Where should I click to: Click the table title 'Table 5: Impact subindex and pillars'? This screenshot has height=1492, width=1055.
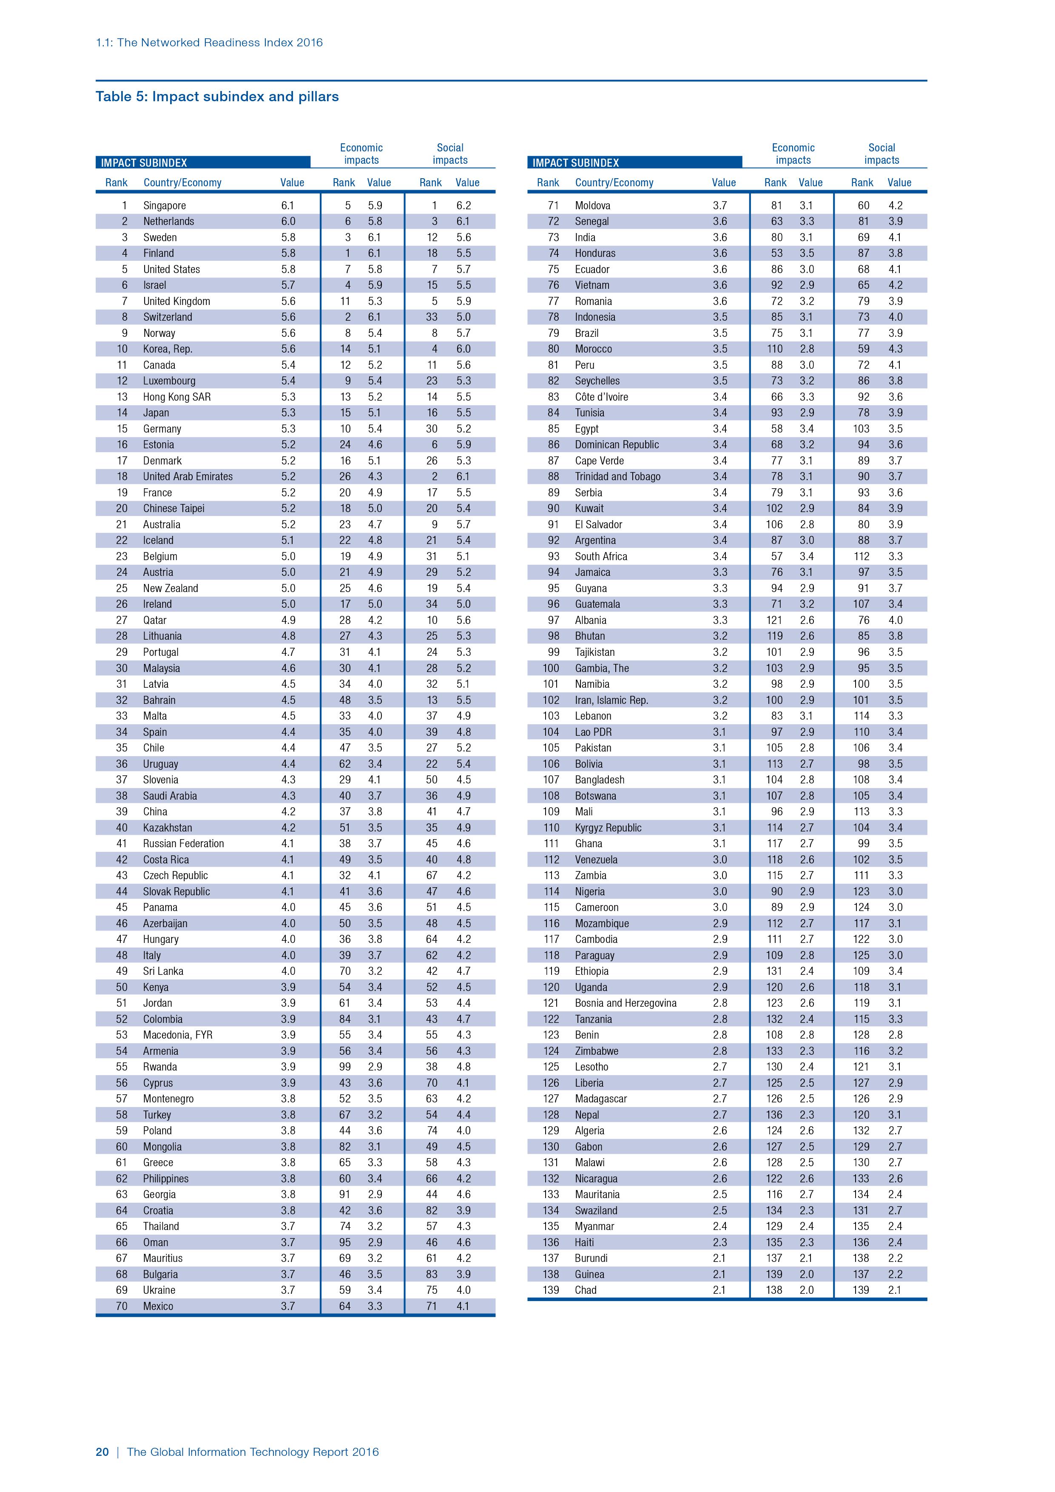coord(217,97)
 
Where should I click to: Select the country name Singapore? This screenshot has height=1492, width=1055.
coord(165,205)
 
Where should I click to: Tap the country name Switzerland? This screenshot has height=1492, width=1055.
coord(168,317)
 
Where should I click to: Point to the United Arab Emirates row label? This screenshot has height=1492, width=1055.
coord(188,476)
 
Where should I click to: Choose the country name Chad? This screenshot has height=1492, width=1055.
coord(585,1290)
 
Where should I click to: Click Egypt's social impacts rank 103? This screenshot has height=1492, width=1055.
coord(861,429)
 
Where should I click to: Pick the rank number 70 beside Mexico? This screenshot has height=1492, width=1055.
coord(122,1306)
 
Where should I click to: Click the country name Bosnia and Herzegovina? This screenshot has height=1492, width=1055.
coord(626,1003)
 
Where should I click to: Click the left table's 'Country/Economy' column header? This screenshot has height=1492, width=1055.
coord(182,182)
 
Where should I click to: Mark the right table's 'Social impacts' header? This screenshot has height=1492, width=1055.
coord(882,154)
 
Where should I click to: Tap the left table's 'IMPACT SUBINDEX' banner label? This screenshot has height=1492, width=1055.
coord(144,163)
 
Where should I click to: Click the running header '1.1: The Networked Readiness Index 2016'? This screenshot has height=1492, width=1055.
coord(209,43)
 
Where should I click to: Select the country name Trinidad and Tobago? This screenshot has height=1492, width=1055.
coord(617,476)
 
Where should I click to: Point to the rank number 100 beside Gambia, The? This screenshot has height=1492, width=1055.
coord(550,668)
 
